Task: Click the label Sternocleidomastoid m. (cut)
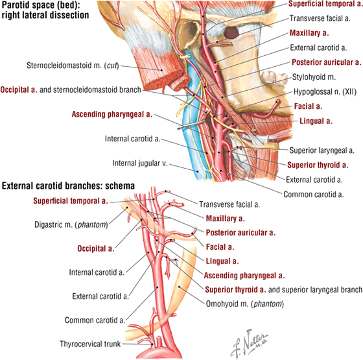[73, 66]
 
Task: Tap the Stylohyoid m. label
[314, 77]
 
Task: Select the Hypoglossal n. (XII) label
[325, 91]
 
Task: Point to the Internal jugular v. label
[140, 163]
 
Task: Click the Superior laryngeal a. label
[322, 150]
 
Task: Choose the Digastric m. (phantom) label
[71, 224]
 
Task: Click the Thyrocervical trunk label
[90, 344]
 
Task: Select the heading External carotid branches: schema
[68, 186]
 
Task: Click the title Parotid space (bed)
[41, 5]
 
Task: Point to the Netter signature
[250, 344]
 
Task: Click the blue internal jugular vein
[190, 139]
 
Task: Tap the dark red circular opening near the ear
[231, 32]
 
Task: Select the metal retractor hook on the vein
[192, 124]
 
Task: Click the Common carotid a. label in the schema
[95, 320]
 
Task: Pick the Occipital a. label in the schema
[96, 248]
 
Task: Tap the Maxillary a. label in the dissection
[309, 33]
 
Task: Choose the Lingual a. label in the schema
[222, 261]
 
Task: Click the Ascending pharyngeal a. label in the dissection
[112, 114]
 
